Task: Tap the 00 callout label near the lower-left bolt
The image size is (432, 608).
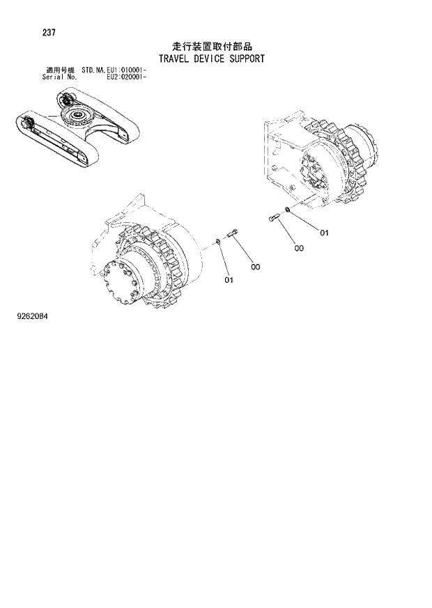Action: click(x=256, y=267)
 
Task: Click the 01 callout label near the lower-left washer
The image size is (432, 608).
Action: click(x=229, y=280)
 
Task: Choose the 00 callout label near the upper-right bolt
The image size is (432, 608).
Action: click(x=298, y=247)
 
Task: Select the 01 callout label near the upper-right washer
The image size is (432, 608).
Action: click(x=323, y=233)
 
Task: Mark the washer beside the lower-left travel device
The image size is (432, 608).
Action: click(x=219, y=242)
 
